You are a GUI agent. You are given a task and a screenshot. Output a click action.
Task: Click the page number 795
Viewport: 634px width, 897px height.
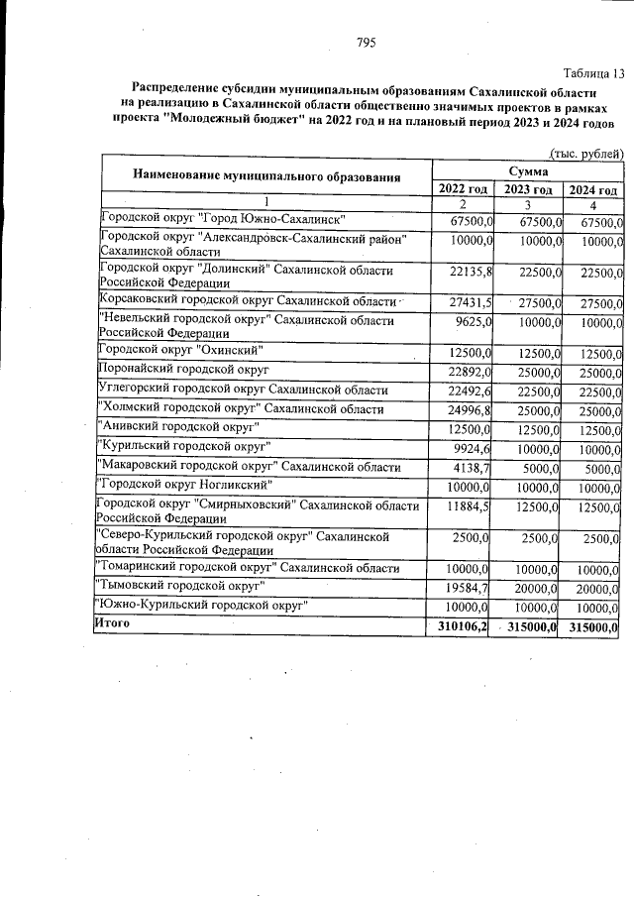(366, 42)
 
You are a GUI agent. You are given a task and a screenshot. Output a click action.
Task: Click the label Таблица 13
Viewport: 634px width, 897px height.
(591, 73)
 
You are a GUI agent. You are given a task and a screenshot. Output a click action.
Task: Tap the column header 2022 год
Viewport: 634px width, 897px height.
(462, 189)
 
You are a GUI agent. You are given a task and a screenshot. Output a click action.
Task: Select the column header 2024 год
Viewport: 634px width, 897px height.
(593, 190)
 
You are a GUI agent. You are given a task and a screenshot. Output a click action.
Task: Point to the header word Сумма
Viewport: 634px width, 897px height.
(528, 171)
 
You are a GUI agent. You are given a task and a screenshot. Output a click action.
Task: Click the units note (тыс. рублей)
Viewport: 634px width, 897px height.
(585, 154)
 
